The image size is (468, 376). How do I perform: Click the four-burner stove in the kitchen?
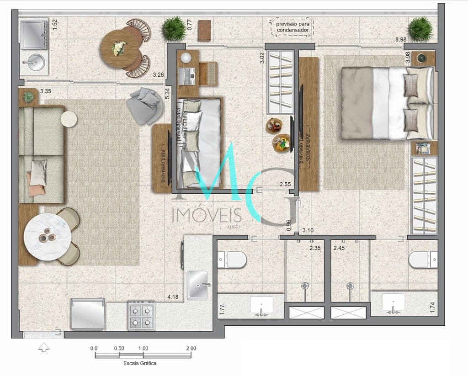(142, 315)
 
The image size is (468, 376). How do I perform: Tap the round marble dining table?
(47, 237)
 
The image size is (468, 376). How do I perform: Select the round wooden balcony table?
(120, 48)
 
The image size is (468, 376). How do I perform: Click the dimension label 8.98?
(401, 40)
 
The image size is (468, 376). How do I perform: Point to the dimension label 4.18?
(173, 297)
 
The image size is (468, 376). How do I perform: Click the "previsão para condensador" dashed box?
(292, 27)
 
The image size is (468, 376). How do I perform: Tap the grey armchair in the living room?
(145, 105)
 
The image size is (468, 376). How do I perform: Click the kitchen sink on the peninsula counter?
(197, 285)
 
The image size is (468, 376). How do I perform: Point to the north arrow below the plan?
(43, 348)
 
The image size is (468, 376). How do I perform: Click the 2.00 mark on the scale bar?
(191, 348)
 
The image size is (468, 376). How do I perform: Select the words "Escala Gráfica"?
(140, 364)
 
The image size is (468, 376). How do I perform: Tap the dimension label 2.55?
(286, 184)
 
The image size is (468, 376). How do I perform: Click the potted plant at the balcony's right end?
(420, 29)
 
